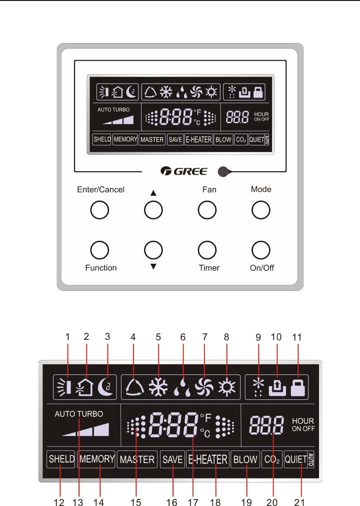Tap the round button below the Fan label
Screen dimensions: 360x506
[207, 210]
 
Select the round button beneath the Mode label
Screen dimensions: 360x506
[260, 210]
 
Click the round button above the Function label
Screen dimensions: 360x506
[100, 249]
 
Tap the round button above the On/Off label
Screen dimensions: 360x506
[260, 249]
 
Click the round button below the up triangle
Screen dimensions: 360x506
[153, 210]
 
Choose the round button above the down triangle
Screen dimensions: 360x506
[153, 249]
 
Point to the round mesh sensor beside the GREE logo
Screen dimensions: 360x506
[223, 172]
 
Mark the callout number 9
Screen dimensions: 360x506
[258, 337]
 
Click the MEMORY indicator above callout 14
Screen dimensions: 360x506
[97, 459]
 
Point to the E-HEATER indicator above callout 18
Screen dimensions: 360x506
[207, 459]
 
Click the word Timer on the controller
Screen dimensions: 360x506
[209, 268]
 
